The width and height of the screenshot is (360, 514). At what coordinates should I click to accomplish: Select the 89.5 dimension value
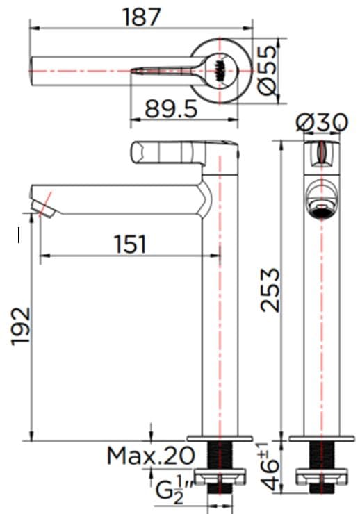pos(171,108)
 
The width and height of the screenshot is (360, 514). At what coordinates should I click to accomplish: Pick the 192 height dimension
pos(22,325)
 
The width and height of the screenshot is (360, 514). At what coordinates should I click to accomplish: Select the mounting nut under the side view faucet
pos(220,477)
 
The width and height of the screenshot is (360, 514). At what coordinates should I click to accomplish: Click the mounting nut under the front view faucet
pos(321,477)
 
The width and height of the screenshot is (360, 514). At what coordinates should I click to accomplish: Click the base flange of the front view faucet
pos(321,438)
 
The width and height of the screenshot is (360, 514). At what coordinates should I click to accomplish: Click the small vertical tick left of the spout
pos(19,235)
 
